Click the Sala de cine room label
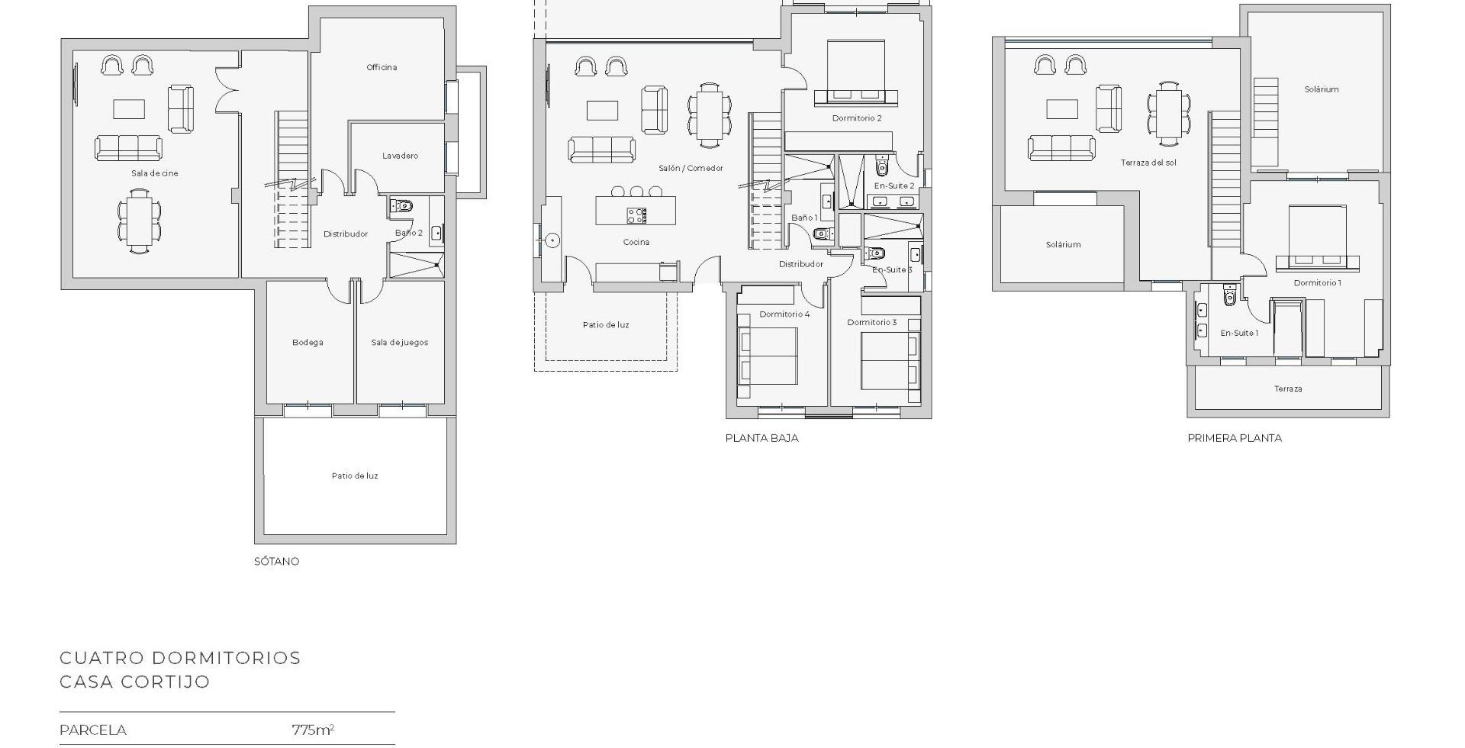point(155,173)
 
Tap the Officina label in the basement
point(382,67)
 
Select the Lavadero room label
point(400,156)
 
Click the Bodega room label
point(307,343)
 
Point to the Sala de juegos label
point(400,343)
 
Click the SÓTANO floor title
point(276,561)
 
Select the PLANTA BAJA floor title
point(761,438)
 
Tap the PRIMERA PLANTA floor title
point(1235,438)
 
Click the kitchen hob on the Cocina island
point(636,216)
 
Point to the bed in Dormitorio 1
point(1318,237)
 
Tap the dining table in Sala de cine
point(140,221)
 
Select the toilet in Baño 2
point(403,205)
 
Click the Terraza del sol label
point(1148,163)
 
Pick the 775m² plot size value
point(313,730)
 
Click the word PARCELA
point(93,730)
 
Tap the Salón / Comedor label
point(691,168)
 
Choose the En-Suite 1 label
point(1239,333)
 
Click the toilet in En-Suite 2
point(883,166)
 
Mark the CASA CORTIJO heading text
point(135,682)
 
